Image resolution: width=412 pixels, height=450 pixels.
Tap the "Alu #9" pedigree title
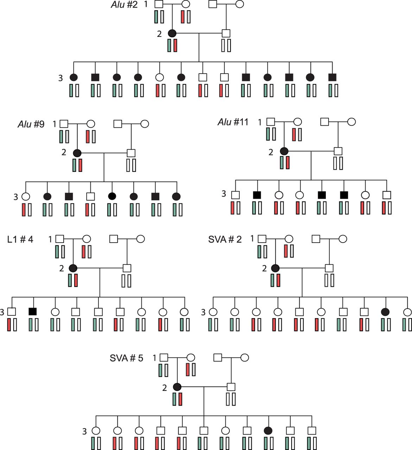pos(31,124)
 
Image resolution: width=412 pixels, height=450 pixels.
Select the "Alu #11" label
pos(233,122)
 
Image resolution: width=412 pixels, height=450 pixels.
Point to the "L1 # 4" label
pos(20,239)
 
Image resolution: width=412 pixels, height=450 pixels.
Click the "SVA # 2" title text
pos(225,239)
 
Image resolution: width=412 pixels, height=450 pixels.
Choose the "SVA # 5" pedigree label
pos(126,358)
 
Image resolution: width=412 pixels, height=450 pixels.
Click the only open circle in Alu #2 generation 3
pos(160,77)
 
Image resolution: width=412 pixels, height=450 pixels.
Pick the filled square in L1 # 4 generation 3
pos(33,311)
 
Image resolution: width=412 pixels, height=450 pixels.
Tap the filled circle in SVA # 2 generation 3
pos(386,311)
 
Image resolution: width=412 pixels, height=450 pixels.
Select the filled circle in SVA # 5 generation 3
pos(268,430)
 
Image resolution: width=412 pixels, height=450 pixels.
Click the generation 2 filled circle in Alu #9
pos(77,153)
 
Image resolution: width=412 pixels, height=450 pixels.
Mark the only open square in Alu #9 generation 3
pos(90,196)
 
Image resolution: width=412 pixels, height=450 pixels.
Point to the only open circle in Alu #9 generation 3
pos(26,196)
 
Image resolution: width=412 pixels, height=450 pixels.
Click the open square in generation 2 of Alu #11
pos(338,151)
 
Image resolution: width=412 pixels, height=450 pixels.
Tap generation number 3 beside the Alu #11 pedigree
pos(224,194)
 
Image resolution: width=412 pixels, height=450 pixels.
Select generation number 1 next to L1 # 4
pos(50,239)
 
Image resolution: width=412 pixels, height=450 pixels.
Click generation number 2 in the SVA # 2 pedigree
pos(265,269)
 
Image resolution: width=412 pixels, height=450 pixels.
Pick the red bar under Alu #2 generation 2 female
pos(175,46)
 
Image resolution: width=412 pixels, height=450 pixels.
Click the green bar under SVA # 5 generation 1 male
pos(160,370)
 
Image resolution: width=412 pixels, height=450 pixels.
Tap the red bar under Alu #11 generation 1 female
pos(294,135)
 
